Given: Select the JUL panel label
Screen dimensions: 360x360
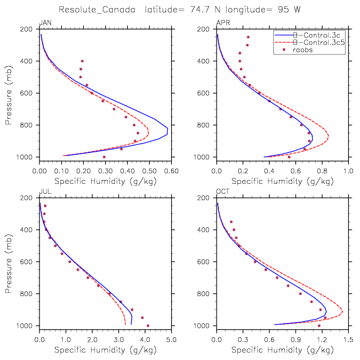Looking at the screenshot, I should click(43, 192).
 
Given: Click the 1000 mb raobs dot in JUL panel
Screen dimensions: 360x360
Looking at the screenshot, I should click(148, 326).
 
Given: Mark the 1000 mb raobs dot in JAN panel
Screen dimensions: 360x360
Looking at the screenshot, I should click(104, 157).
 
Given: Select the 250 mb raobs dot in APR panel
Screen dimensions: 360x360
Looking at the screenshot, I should click(248, 37).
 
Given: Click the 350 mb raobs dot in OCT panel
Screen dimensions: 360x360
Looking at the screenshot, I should click(231, 222).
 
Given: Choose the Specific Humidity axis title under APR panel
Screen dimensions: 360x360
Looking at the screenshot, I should click(282, 181).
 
